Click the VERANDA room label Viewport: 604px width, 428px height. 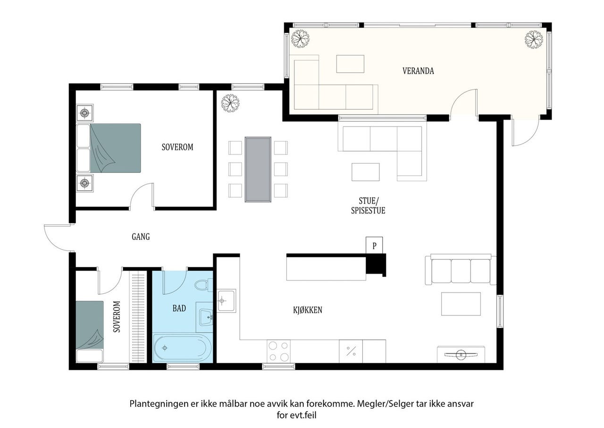tap(418, 71)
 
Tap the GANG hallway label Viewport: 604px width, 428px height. tap(141, 237)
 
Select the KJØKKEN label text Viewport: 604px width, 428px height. tap(308, 310)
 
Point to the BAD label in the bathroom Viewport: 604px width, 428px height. tap(179, 308)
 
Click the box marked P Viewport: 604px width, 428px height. tap(374, 245)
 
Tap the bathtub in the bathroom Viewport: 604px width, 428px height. tap(183, 348)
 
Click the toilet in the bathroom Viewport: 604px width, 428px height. tap(203, 285)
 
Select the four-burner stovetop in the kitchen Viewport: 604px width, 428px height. tap(279, 351)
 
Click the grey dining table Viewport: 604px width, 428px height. tap(258, 169)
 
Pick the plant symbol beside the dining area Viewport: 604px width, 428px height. tap(230, 103)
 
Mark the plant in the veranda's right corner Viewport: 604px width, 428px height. tap(534, 40)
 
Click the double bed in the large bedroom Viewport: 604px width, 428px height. tap(109, 148)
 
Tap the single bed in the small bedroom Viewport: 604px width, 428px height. tap(90, 331)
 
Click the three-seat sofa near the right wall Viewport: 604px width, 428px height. tap(461, 269)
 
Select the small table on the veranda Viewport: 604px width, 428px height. tap(350, 64)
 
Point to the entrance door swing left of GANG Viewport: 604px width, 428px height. tap(57, 238)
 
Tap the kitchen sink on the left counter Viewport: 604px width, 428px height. tap(226, 300)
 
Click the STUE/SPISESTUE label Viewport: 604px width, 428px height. tap(368, 205)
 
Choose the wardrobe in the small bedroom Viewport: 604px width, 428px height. tap(138, 317)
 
